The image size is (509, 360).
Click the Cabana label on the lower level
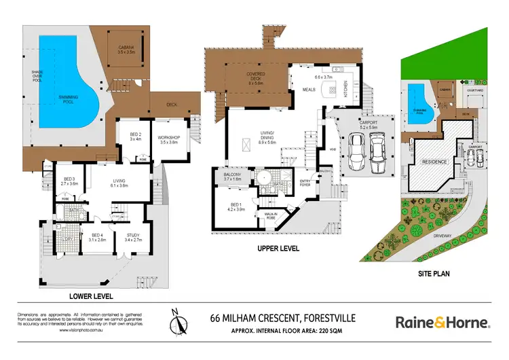(126, 48)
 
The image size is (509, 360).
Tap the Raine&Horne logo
(441, 321)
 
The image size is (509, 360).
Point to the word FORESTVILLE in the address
(335, 317)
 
